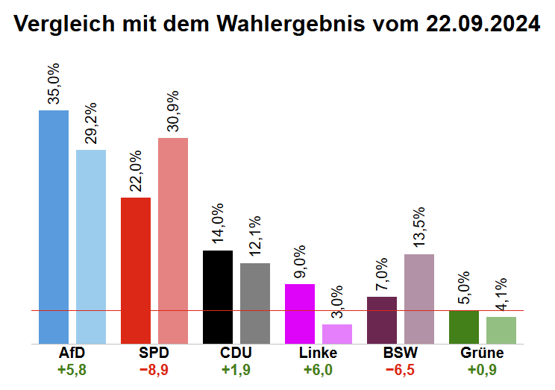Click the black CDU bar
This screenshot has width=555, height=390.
(x=217, y=297)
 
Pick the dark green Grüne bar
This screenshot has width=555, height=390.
(x=463, y=327)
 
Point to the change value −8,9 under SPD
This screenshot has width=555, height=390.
(x=154, y=369)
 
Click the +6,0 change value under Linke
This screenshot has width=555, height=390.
(x=319, y=369)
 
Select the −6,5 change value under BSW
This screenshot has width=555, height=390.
(x=401, y=369)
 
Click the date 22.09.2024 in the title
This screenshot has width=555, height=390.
(x=483, y=24)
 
